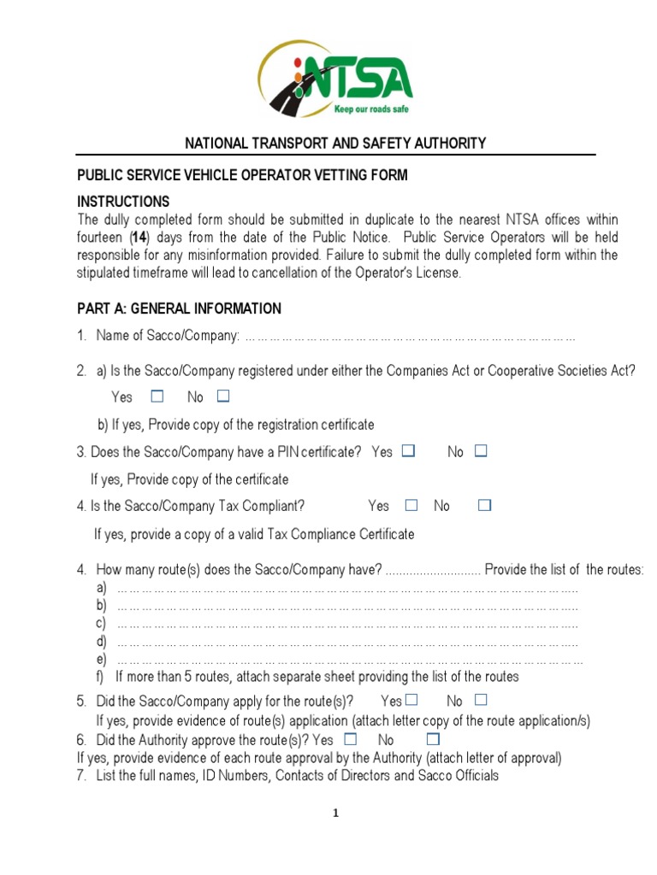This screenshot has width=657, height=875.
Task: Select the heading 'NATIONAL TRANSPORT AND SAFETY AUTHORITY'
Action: pos(336,144)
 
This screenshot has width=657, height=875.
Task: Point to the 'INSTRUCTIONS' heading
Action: pos(123,202)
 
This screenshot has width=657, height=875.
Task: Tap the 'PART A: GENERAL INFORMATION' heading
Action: pos(179,308)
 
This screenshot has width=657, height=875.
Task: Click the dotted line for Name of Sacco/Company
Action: pos(410,337)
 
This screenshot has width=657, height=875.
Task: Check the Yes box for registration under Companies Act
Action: pos(157,396)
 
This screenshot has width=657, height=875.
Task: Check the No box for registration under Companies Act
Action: pos(223,396)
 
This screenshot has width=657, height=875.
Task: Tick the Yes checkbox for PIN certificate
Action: pos(408,451)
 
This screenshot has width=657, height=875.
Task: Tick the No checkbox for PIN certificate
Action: pos(481,451)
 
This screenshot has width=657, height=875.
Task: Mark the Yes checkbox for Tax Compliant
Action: pos(411,506)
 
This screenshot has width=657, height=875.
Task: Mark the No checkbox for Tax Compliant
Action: pos(485,506)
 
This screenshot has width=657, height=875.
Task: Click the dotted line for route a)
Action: pos(346,590)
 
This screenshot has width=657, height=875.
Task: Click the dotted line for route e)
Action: pos(349,661)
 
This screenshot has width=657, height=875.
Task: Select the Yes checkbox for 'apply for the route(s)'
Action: pos(412,700)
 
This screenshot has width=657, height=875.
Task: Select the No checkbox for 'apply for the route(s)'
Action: pos(480,700)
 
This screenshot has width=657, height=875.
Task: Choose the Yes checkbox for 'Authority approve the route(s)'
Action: pos(350,739)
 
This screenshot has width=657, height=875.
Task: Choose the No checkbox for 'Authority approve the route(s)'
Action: pos(433,739)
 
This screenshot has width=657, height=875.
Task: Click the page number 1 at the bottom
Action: pos(336,813)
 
